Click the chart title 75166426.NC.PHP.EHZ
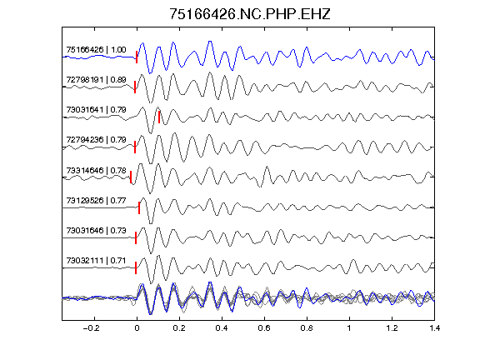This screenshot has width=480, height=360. click(x=250, y=14)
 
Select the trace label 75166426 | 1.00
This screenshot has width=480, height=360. click(x=96, y=50)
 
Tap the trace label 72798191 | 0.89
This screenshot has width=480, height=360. click(x=96, y=80)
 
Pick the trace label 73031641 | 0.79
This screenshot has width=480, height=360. click(x=96, y=110)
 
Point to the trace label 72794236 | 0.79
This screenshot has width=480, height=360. click(x=96, y=140)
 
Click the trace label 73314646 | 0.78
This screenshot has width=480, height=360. click(x=96, y=170)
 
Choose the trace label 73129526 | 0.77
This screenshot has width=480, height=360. click(x=96, y=201)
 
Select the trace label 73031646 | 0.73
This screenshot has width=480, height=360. click(x=96, y=230)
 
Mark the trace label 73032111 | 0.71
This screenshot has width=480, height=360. click(x=96, y=261)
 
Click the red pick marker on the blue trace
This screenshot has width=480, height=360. click(x=137, y=57)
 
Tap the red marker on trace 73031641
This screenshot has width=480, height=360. click(x=159, y=117)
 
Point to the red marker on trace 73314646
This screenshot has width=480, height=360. click(x=131, y=177)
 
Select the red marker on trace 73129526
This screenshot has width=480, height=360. click(x=139, y=207)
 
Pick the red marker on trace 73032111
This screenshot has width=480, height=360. click(x=136, y=267)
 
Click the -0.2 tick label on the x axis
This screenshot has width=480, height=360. click(x=92, y=328)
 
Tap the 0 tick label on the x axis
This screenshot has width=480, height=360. click(x=137, y=328)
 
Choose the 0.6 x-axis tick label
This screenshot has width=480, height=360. click(x=264, y=328)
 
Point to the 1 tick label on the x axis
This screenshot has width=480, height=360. click(x=349, y=328)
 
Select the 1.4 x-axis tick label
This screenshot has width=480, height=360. click(x=434, y=328)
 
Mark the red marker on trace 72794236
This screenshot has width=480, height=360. click(x=135, y=147)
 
